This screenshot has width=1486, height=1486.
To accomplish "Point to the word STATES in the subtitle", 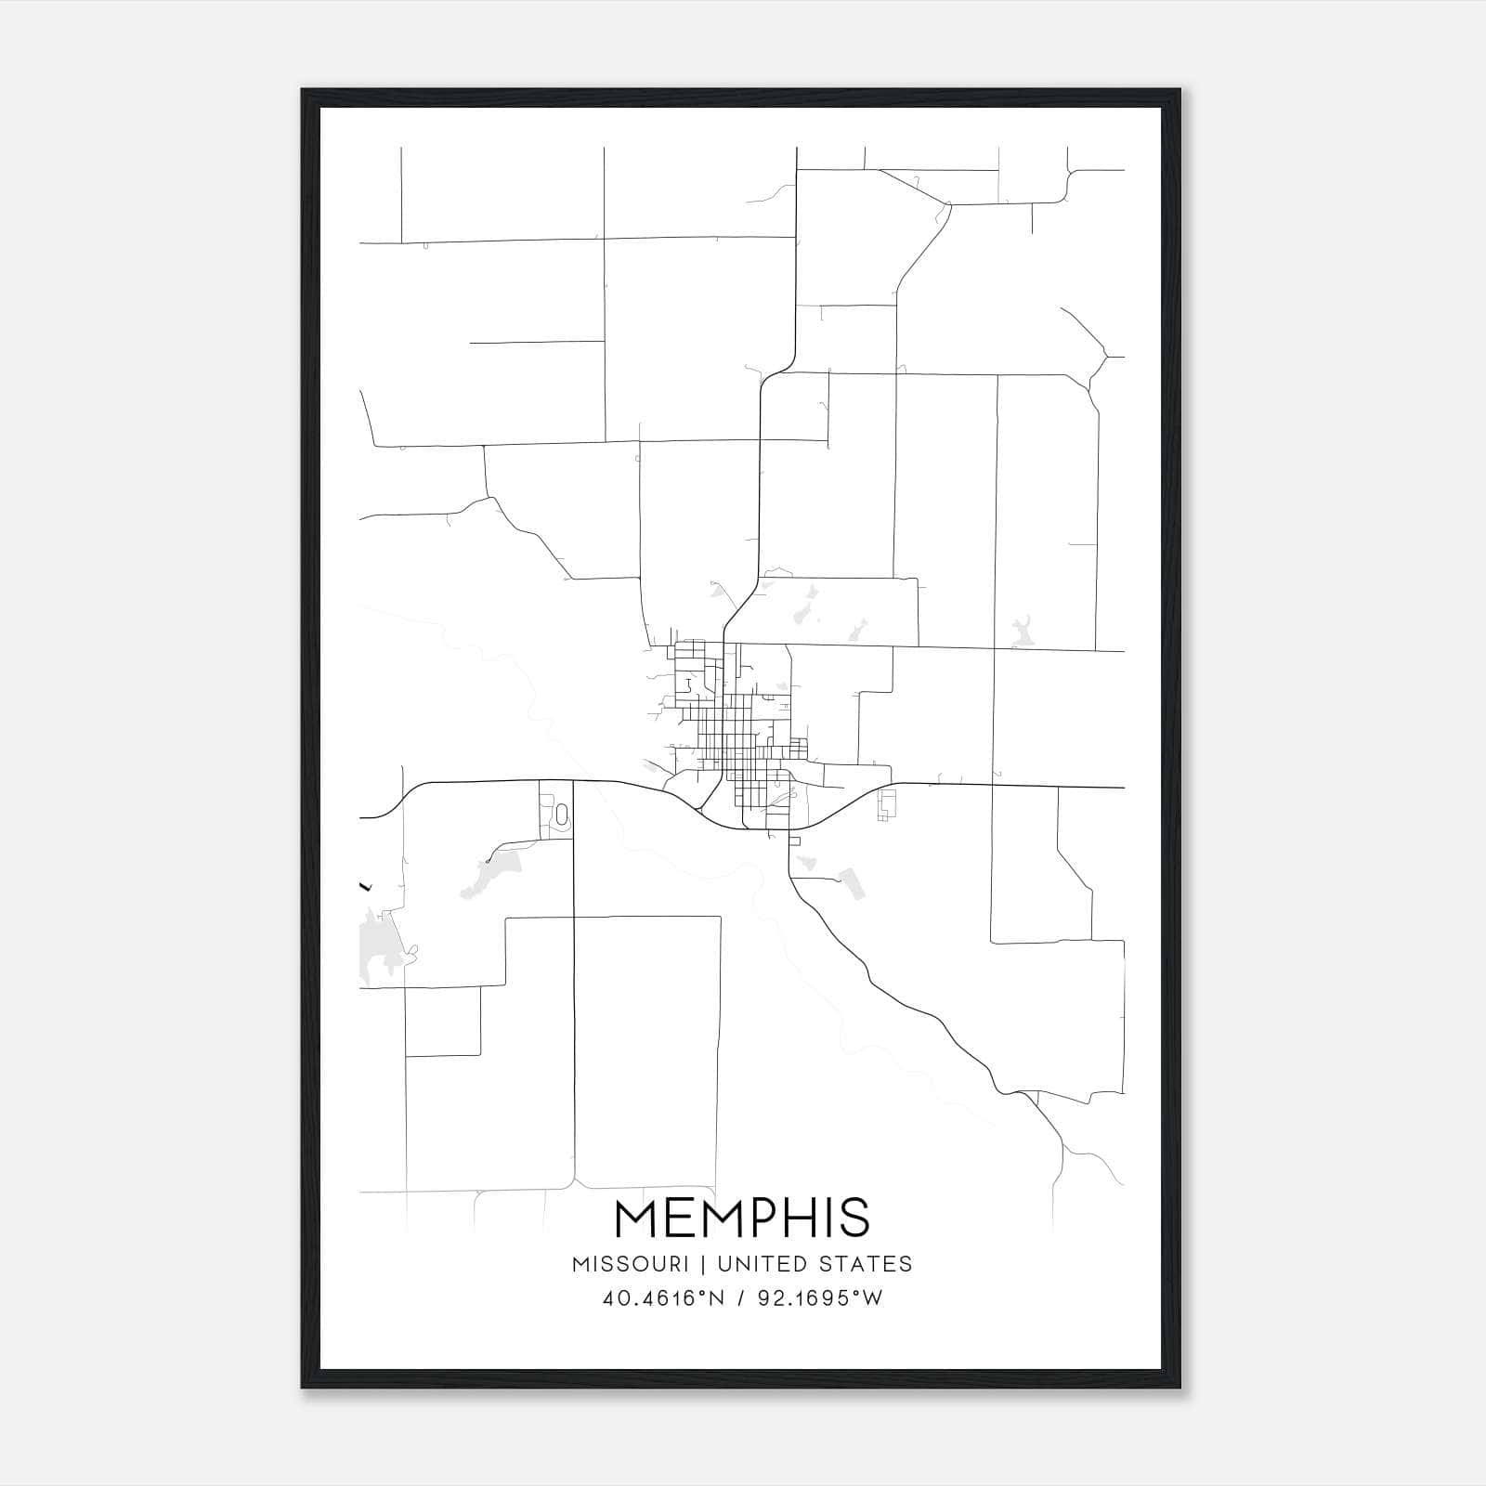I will tap(869, 1264).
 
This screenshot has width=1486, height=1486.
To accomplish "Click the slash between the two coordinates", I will tap(739, 1298).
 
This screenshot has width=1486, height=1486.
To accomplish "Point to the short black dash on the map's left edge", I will tap(364, 886).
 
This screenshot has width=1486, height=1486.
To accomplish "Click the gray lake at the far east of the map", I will tap(1022, 633).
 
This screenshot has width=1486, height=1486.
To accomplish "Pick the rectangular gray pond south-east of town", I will tap(851, 882).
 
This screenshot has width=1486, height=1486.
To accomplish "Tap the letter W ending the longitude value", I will tap(872, 1298).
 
